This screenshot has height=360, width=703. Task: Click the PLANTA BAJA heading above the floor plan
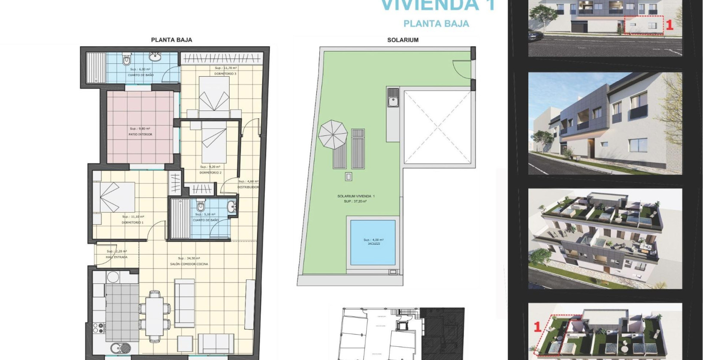(x=171, y=40)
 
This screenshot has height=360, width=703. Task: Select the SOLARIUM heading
(x=403, y=40)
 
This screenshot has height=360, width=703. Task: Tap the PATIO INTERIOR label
(x=140, y=134)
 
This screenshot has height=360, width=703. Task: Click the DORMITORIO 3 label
(x=225, y=74)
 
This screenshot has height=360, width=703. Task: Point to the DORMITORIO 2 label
(x=210, y=173)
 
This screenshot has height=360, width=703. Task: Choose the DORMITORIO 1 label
(x=133, y=222)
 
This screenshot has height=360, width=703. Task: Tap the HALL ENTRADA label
(x=116, y=257)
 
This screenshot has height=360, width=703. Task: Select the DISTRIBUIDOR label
(x=248, y=187)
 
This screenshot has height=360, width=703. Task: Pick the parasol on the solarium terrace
(x=333, y=134)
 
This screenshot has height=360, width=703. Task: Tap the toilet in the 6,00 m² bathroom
(x=127, y=60)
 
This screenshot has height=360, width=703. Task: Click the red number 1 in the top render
(x=669, y=25)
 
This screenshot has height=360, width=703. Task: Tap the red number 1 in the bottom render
(x=537, y=327)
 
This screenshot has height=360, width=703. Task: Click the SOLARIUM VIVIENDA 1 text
(x=356, y=196)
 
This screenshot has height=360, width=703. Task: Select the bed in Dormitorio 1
(x=114, y=197)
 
